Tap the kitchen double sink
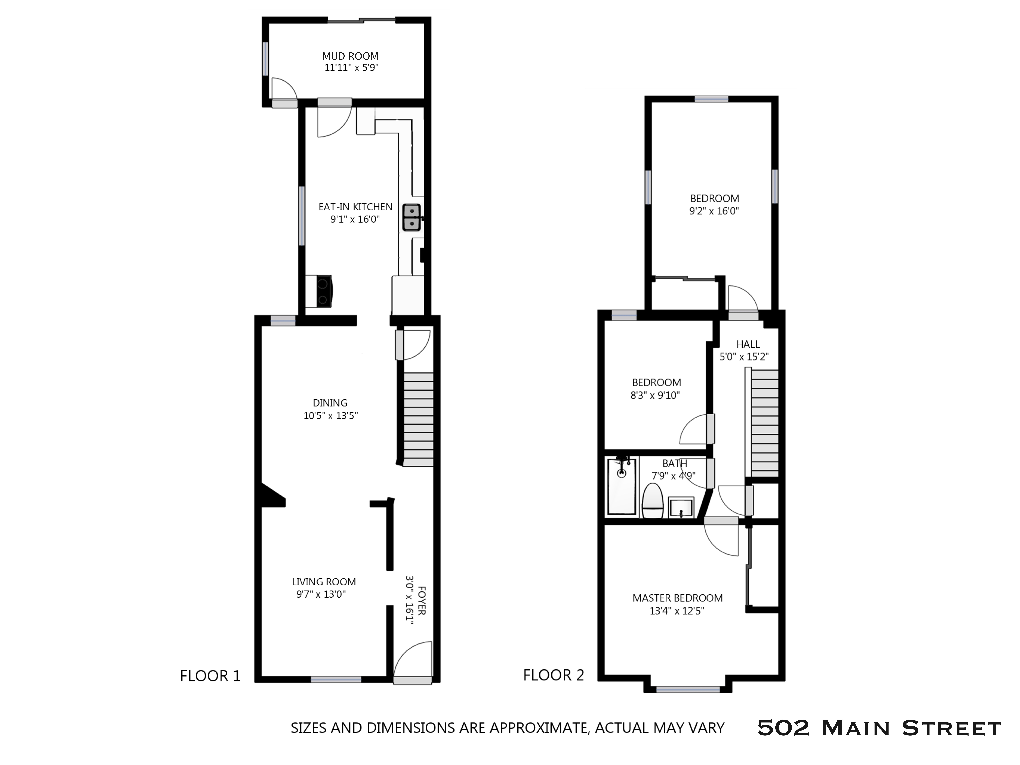tap(411, 218)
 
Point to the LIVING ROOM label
tap(324, 582)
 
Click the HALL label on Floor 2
tap(748, 344)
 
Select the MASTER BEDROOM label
tap(677, 598)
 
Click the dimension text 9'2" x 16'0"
tap(714, 211)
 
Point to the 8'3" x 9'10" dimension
tap(655, 395)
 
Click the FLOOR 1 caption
tap(210, 676)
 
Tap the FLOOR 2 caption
tap(553, 675)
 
